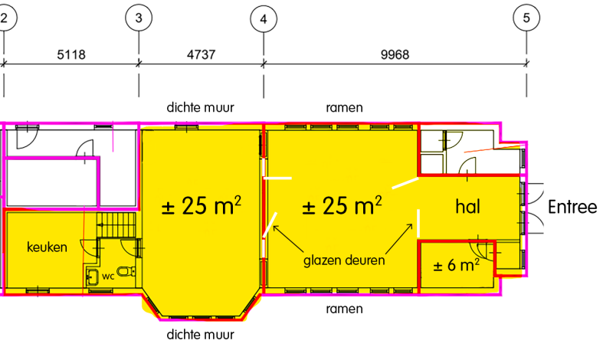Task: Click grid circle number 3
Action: point(139,18)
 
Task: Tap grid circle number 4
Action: point(264,18)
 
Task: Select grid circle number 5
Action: point(526,18)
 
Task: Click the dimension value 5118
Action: point(71,54)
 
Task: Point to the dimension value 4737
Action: point(201,54)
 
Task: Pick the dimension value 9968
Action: point(395,54)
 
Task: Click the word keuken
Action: point(47,247)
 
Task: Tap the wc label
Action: point(108,277)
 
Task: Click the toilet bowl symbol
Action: point(126,271)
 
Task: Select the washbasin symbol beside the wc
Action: point(93,277)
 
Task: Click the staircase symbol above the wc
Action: point(116,224)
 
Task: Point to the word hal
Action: point(467,206)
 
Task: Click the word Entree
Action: point(572,207)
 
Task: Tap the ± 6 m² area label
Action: point(456,265)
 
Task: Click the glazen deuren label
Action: point(344,260)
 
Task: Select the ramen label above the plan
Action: point(344,107)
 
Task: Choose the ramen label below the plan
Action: point(344,309)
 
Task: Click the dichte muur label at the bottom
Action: point(201,335)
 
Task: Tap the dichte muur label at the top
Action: point(201,107)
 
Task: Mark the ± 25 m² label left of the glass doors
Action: point(202,205)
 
